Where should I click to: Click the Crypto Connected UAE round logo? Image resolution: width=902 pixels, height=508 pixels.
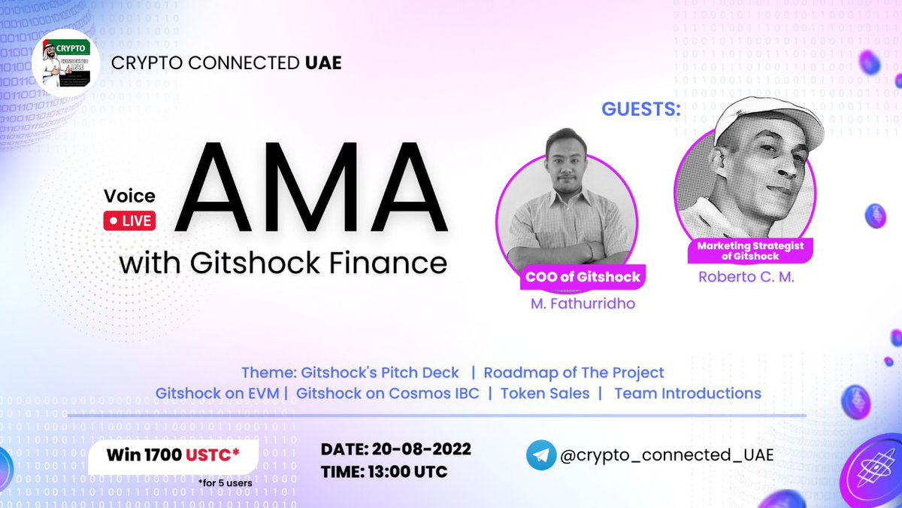coord(66,62)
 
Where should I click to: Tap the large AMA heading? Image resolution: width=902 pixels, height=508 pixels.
coord(310,188)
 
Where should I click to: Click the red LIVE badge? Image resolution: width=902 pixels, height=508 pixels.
coord(129,221)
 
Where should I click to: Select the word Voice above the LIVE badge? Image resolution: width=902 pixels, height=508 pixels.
coord(129,196)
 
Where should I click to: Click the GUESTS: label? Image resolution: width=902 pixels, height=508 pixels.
coord(641,109)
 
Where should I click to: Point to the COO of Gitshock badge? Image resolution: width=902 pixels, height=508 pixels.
coord(583,276)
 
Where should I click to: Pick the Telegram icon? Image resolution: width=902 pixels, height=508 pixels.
coord(541,455)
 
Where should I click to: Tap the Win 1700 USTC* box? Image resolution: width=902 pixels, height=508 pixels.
coord(173,455)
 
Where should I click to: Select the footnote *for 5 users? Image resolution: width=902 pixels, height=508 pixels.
coord(226,482)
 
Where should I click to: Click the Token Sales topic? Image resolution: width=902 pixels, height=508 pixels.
coord(545,393)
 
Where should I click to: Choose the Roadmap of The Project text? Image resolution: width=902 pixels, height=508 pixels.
coord(574,373)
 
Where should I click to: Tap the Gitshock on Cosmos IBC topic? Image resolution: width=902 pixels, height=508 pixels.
coord(387,393)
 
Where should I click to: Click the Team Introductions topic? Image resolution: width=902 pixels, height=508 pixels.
coord(687,393)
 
